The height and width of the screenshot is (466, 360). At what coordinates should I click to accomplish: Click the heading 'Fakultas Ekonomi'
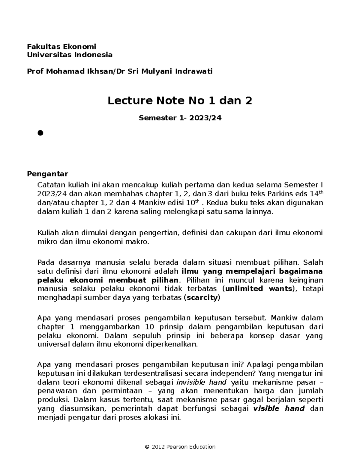click(61, 47)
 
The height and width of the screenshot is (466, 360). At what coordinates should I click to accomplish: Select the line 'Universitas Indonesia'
click(70, 55)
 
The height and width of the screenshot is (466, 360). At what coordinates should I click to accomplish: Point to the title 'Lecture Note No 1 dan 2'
click(180, 101)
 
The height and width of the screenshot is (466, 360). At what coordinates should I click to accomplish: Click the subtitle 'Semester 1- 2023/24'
click(180, 118)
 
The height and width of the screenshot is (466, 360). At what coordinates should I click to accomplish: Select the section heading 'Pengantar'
click(47, 174)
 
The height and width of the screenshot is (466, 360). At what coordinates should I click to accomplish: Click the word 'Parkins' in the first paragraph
click(280, 194)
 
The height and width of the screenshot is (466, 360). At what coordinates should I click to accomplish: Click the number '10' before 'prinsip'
click(150, 327)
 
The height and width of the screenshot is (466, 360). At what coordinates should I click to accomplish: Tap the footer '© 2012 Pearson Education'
click(180, 447)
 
